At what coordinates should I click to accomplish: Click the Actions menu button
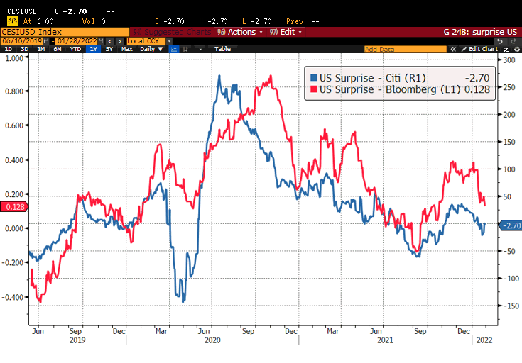(x=241, y=32)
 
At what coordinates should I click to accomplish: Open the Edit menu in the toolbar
(x=287, y=32)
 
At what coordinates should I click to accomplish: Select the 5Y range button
(x=109, y=49)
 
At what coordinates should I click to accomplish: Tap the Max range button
(x=126, y=49)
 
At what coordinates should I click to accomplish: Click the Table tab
(x=222, y=49)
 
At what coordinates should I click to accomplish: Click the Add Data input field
(x=405, y=49)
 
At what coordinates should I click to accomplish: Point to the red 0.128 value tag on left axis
(x=15, y=206)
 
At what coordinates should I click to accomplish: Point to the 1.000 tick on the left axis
(x=13, y=58)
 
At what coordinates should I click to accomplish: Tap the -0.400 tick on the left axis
(x=13, y=296)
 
